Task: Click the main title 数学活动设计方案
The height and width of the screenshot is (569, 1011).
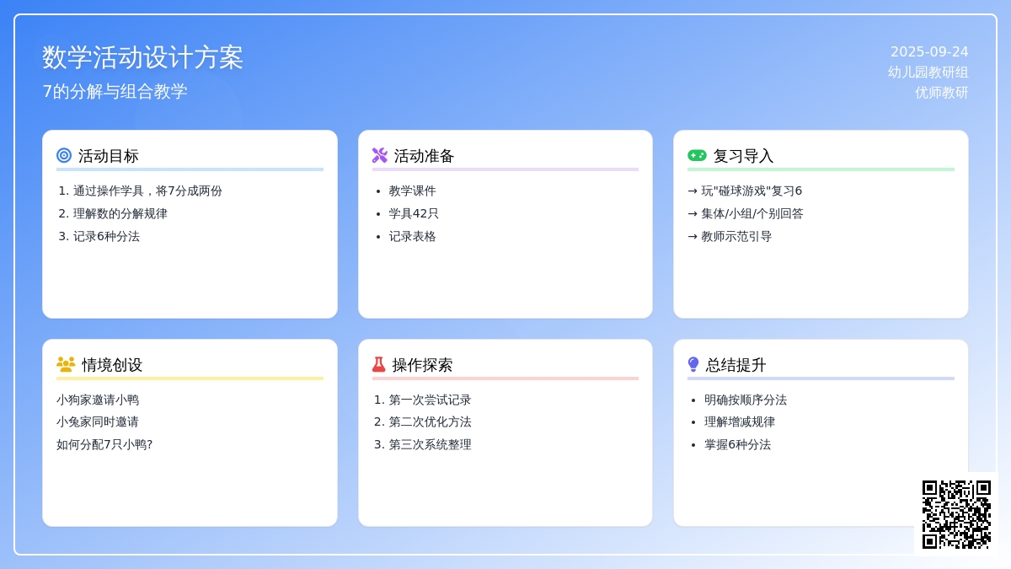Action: coord(142,58)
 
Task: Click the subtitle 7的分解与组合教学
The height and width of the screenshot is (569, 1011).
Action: coord(115,91)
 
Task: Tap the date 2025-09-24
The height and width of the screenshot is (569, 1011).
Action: coord(929,52)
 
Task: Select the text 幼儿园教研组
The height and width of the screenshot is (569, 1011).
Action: coord(928,72)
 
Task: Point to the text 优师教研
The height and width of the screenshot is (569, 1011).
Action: coord(942,93)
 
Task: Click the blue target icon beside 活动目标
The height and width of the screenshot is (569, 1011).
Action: coord(64,155)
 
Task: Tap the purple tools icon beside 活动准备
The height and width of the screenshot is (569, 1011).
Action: coord(380,155)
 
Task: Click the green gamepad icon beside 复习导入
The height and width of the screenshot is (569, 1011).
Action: coord(697,155)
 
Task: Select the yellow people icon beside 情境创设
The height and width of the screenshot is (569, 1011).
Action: coord(66,364)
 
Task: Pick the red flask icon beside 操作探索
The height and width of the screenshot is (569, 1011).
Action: coord(378,364)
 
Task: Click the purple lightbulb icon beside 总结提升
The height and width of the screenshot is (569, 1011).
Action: coord(693,364)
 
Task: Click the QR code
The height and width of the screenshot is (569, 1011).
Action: coord(956,514)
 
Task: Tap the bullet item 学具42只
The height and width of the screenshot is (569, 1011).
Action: coord(414,213)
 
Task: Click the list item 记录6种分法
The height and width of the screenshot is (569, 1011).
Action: coord(106,237)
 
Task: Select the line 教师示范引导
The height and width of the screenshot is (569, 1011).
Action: coord(736,237)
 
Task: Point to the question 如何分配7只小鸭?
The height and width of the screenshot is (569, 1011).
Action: coord(104,445)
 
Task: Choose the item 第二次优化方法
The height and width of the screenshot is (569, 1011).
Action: coord(430,422)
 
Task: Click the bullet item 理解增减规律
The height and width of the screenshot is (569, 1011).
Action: coord(740,422)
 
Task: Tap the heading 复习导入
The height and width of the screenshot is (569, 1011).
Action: coord(743,156)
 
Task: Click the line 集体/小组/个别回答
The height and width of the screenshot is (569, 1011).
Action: coord(752,213)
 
